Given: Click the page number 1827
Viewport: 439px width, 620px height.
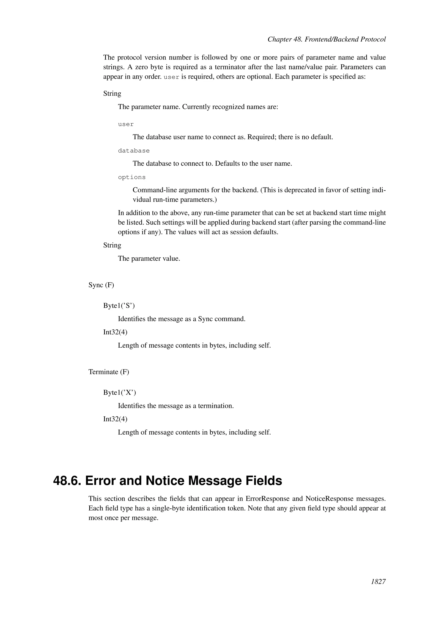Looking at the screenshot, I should coord(378,589).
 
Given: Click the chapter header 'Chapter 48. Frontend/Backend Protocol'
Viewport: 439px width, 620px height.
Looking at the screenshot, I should coord(326,39).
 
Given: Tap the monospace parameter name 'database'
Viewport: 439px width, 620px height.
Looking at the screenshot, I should coord(134,151).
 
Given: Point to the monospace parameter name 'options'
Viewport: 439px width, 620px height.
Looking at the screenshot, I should coord(132,177).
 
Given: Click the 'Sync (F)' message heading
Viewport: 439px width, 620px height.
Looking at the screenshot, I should coord(101,285).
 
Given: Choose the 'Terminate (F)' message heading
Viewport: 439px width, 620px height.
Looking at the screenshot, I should coord(109,372).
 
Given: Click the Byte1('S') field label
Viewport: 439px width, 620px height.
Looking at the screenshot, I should coord(119,306).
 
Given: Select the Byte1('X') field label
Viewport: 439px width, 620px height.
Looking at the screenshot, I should coord(119,392).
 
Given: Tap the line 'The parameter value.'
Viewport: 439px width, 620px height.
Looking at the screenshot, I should coord(149,258).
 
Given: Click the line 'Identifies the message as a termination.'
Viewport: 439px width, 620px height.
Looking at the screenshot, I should coord(176,406).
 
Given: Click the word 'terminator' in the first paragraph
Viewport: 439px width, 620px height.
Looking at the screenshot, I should coord(230,67).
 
